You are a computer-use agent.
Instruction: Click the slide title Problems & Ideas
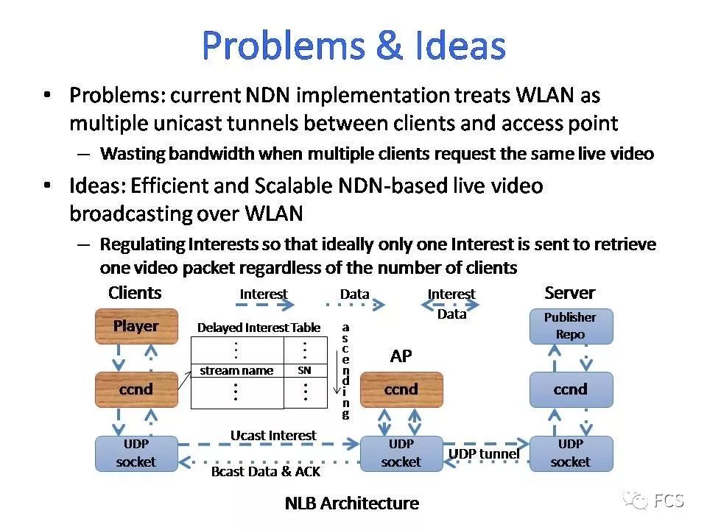click(x=353, y=46)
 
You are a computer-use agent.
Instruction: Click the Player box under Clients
click(x=136, y=326)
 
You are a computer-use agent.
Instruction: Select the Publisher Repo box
click(x=571, y=326)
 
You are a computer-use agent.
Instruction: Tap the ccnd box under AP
click(x=401, y=389)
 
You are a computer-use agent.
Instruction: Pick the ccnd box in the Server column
click(x=571, y=389)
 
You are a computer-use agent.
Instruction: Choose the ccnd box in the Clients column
click(x=136, y=389)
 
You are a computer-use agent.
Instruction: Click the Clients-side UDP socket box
click(x=136, y=453)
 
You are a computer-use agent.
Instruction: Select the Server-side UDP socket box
click(x=571, y=453)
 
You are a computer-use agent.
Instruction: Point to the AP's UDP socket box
click(x=401, y=453)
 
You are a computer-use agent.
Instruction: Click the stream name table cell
click(x=236, y=371)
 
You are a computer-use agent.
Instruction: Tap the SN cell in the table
click(x=304, y=371)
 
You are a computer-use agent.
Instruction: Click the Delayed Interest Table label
click(x=258, y=328)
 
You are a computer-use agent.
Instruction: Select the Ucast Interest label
click(x=273, y=435)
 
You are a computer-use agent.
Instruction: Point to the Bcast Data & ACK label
click(x=265, y=472)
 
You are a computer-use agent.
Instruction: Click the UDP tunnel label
click(x=484, y=453)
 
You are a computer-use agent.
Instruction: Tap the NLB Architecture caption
click(x=351, y=504)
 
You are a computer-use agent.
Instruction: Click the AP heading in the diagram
click(x=401, y=356)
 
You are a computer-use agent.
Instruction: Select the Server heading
click(x=569, y=293)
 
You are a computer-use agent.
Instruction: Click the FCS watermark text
click(x=669, y=501)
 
